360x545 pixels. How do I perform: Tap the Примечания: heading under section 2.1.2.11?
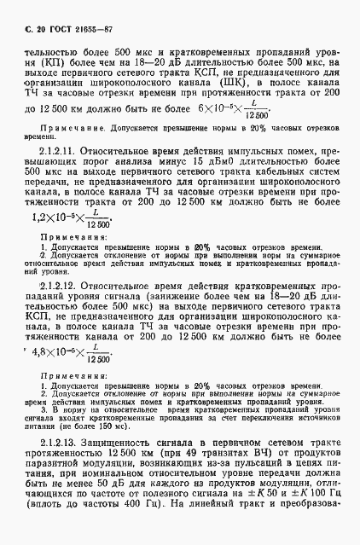pos(66,235)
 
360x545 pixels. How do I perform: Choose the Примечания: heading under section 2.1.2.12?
pos(66,368)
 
